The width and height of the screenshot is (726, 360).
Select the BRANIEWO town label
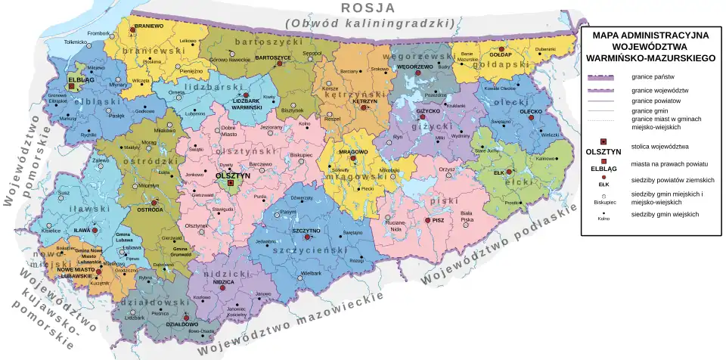click(x=149, y=26)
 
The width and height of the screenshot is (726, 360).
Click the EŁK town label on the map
click(x=498, y=172)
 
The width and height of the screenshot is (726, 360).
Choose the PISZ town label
click(x=437, y=220)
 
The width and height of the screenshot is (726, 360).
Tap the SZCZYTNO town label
click(x=306, y=230)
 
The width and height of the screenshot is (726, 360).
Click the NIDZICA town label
click(x=223, y=281)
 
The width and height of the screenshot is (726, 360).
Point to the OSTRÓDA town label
click(x=149, y=209)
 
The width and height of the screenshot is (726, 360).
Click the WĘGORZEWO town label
click(x=414, y=67)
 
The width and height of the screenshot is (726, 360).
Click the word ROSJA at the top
click(x=368, y=8)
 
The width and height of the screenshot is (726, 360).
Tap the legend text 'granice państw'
click(x=653, y=77)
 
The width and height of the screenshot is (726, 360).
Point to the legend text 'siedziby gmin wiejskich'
click(x=665, y=215)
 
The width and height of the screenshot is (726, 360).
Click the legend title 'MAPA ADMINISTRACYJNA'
click(x=650, y=35)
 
